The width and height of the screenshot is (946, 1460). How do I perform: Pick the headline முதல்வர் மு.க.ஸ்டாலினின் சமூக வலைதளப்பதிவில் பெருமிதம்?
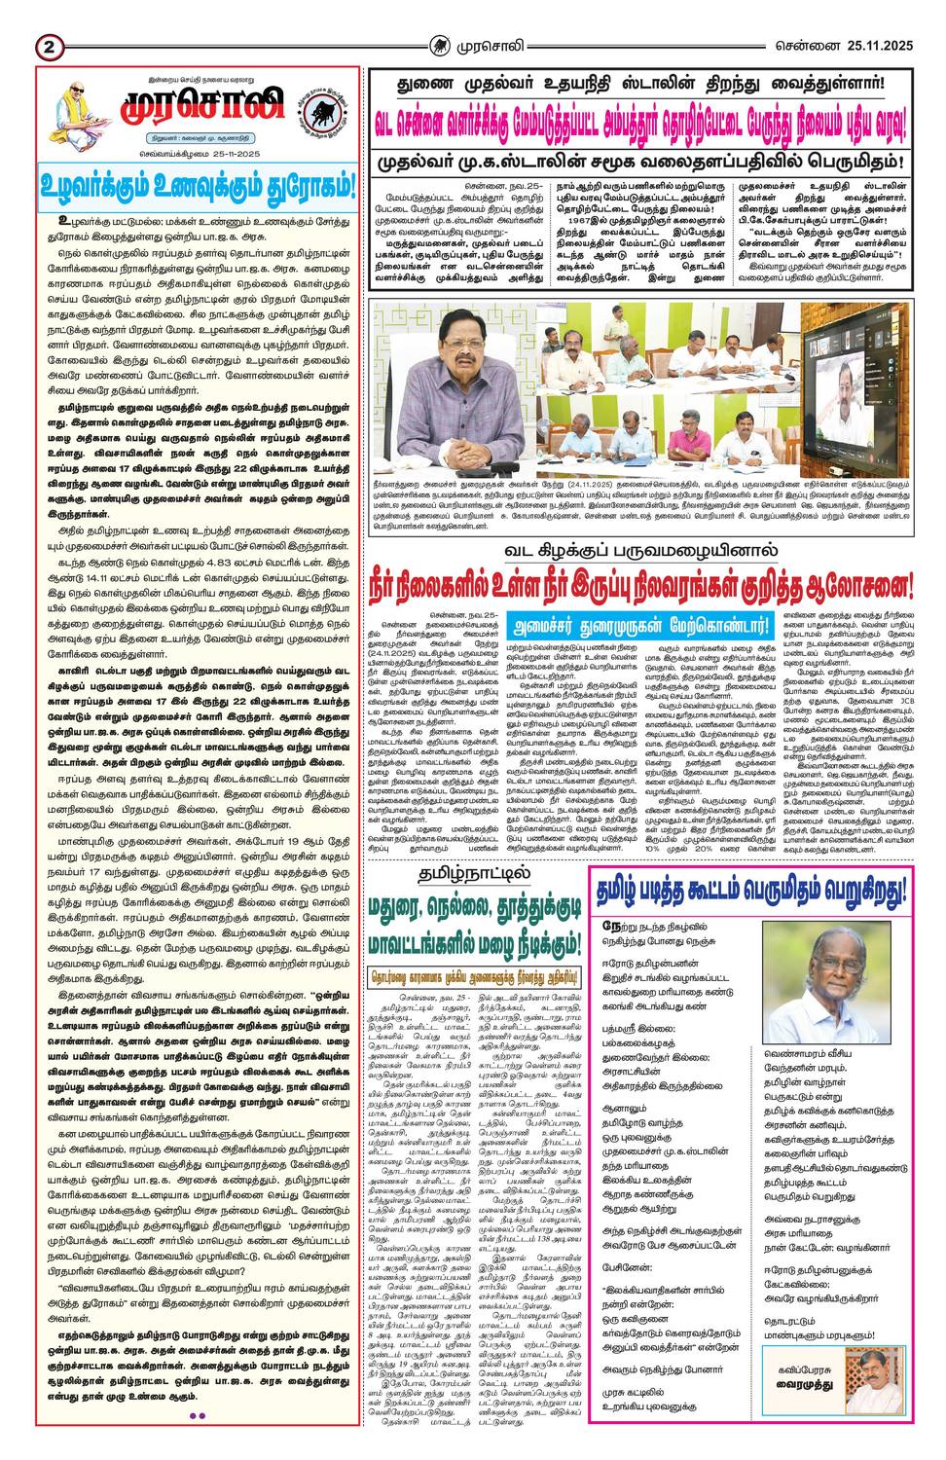pos(639,160)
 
